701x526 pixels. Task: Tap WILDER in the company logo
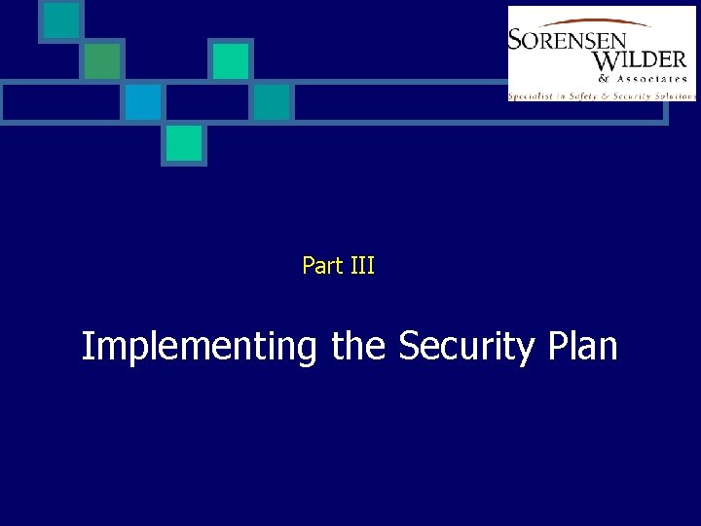(639, 60)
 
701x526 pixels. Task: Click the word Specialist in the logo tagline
(533, 95)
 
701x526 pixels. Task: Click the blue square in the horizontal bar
(142, 101)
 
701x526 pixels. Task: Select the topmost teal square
(61, 20)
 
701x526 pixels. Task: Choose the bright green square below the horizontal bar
(183, 143)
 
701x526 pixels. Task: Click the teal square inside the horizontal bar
(272, 101)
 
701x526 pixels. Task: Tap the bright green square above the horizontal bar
(231, 60)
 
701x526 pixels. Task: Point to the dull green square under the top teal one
(101, 60)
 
